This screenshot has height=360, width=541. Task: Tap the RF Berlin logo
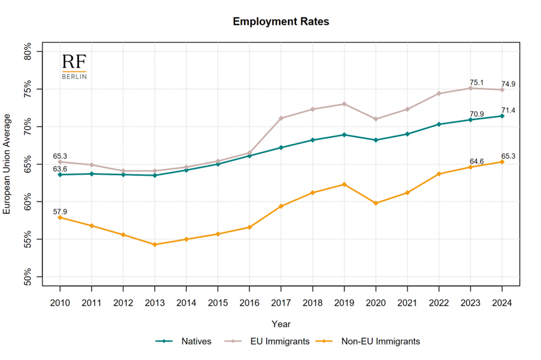tap(74, 67)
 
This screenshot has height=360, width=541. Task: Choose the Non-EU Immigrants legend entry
tap(380, 341)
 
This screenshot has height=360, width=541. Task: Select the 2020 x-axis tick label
tap(376, 303)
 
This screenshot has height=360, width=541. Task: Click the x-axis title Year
tap(281, 324)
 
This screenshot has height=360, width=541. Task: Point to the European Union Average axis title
tap(8, 164)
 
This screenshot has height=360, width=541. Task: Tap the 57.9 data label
tap(60, 211)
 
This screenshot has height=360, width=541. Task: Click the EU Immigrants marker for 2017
tap(281, 118)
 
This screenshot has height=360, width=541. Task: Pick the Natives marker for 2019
tap(344, 135)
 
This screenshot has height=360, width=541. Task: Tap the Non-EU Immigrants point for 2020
tap(376, 203)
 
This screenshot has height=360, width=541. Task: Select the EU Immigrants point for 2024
tap(501, 90)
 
